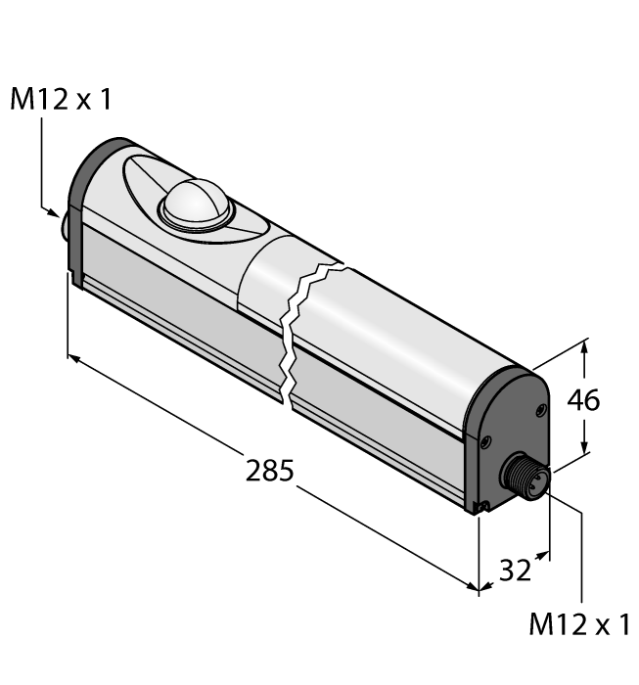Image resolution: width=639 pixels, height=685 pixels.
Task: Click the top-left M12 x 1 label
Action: (x=61, y=100)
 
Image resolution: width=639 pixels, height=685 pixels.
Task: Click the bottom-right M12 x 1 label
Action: (x=579, y=626)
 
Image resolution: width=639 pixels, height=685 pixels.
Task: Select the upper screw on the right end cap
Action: (x=537, y=410)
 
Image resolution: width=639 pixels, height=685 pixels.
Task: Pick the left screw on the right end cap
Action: (x=484, y=443)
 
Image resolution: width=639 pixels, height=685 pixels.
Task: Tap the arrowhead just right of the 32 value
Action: (x=542, y=555)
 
